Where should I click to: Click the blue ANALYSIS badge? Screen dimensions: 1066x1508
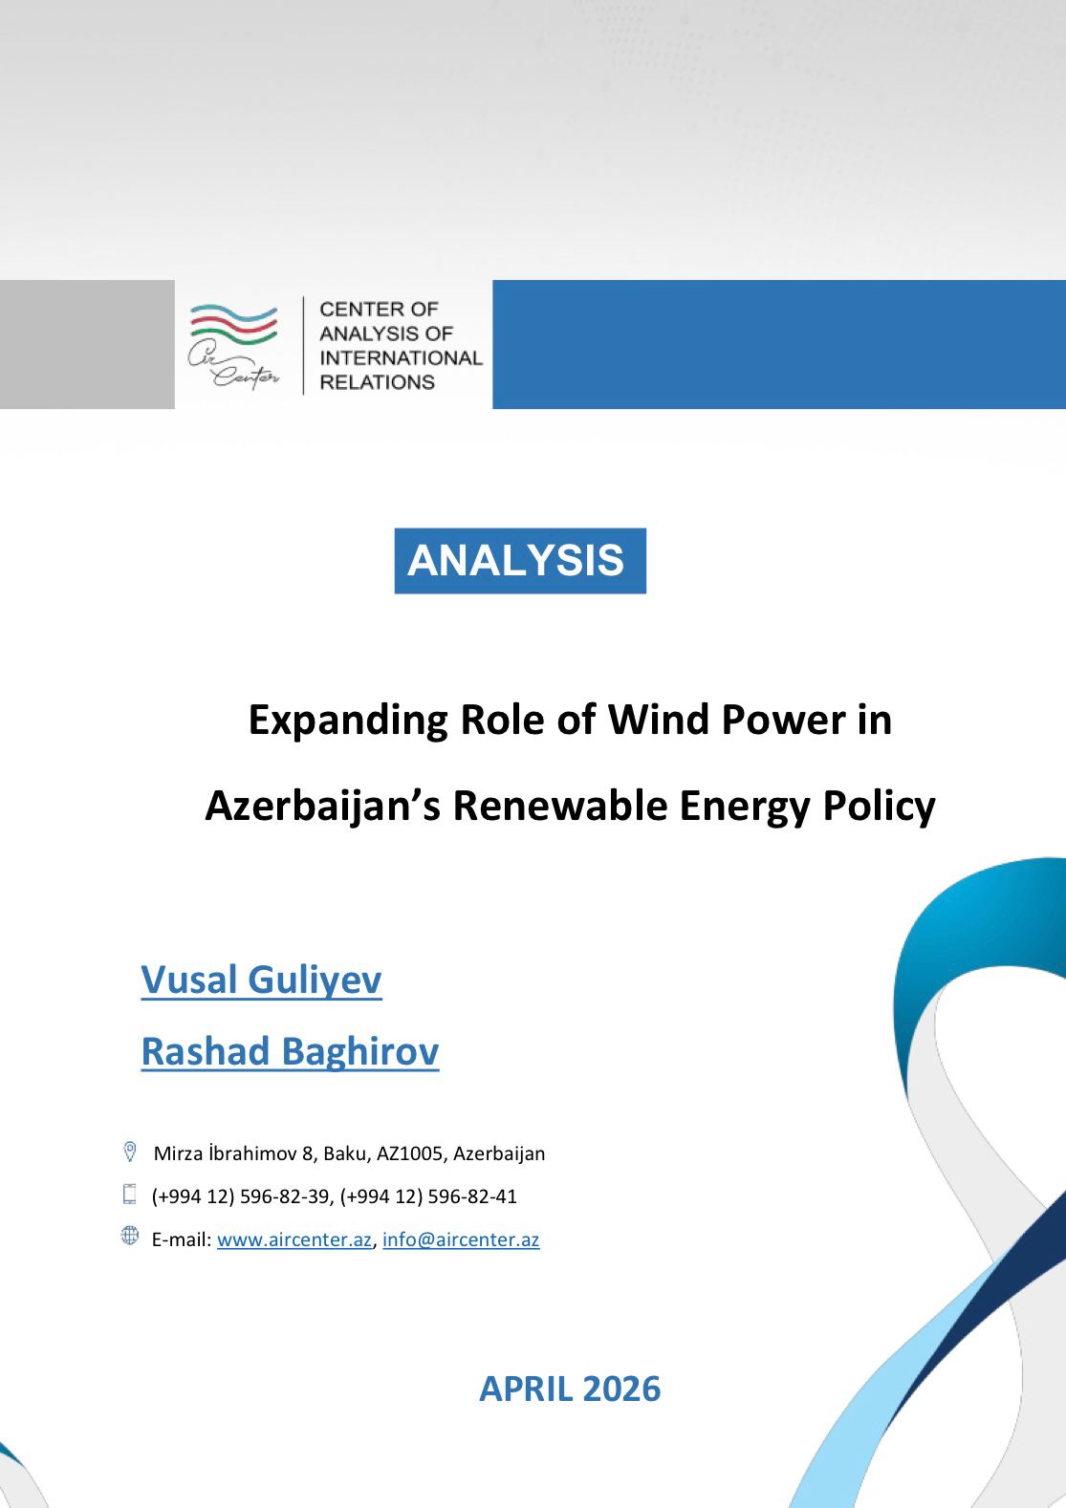[520, 560]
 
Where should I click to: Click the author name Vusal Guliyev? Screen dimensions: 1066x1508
[261, 980]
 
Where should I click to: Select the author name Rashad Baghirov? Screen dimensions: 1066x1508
[290, 1051]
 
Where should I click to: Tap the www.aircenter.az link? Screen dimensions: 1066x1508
[294, 1239]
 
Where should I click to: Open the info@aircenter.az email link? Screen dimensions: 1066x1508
[461, 1239]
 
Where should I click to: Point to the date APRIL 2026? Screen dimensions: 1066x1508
[570, 1389]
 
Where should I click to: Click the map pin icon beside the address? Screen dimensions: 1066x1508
[130, 1152]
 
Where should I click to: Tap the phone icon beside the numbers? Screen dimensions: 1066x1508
[130, 1194]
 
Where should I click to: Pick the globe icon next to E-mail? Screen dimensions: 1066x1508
[130, 1236]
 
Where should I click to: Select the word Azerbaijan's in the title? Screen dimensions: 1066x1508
[322, 807]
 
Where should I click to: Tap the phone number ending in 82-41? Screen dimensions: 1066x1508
[429, 1197]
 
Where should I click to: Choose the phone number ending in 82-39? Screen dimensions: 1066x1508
[240, 1197]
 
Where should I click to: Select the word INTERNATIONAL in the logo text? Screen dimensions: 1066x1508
[402, 357]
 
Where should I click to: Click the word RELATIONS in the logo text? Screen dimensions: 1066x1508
[377, 382]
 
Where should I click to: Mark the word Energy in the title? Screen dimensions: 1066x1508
[744, 807]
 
